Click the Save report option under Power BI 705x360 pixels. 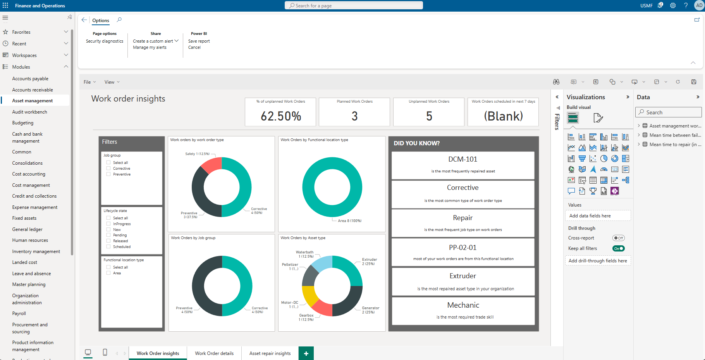point(199,41)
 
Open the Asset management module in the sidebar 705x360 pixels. point(33,101)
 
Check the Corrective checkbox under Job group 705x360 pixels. point(108,169)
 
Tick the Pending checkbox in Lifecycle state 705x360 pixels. point(108,235)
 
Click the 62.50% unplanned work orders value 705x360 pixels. point(280,116)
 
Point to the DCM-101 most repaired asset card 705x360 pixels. point(463,165)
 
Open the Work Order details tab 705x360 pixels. point(214,353)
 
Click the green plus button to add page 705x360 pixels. point(306,353)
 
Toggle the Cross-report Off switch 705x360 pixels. point(618,238)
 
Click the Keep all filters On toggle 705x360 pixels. point(618,248)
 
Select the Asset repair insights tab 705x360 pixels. point(270,353)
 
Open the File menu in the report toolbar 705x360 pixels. point(89,82)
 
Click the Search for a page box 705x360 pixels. point(354,5)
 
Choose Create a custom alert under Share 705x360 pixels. point(153,41)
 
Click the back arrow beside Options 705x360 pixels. point(84,20)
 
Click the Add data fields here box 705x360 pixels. point(598,216)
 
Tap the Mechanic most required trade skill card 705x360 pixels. point(463,310)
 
